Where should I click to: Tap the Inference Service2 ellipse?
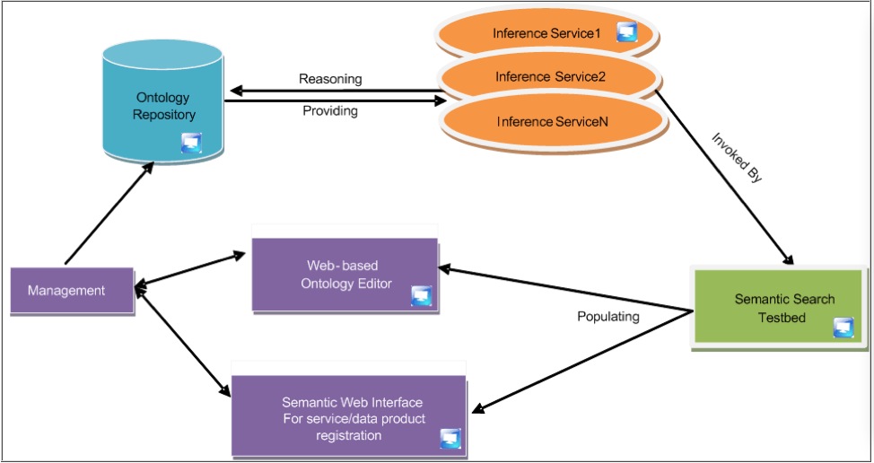tap(549, 77)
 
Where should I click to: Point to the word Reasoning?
tap(330, 79)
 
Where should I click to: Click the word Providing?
tap(329, 111)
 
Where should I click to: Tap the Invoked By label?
tap(737, 158)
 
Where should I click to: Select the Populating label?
tap(607, 317)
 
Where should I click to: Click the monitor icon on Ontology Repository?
tap(191, 142)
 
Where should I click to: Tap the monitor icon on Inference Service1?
tap(626, 33)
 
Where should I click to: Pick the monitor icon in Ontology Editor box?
tap(421, 295)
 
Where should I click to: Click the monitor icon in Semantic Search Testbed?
tap(843, 327)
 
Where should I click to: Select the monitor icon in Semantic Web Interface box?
tap(450, 437)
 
